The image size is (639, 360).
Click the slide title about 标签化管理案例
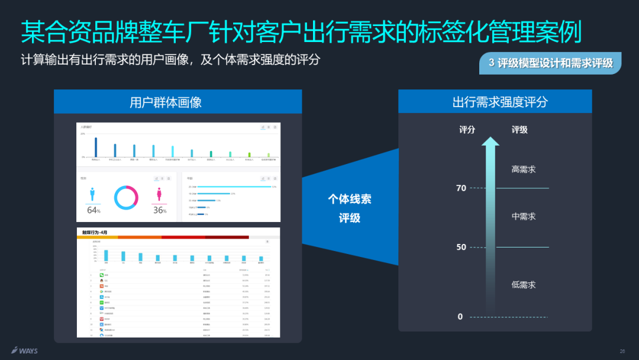tap(301, 32)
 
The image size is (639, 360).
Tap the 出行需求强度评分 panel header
tap(495, 102)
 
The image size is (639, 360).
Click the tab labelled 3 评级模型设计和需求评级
tap(550, 63)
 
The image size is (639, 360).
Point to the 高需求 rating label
tap(524, 169)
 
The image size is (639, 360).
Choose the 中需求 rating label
tap(524, 217)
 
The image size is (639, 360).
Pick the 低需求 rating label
tap(524, 285)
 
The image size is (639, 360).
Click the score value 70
tap(461, 188)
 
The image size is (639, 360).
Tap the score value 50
tap(461, 247)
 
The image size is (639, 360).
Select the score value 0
tap(460, 317)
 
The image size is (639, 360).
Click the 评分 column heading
tap(467, 130)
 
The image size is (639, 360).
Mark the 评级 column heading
tap(519, 130)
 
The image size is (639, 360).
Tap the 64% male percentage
tap(93, 210)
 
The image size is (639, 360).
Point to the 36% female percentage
tap(160, 210)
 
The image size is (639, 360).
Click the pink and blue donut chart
tap(126, 197)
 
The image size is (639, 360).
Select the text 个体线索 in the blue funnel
tap(350, 200)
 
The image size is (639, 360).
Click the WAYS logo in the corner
tap(24, 351)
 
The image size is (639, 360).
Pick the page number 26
tap(622, 351)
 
